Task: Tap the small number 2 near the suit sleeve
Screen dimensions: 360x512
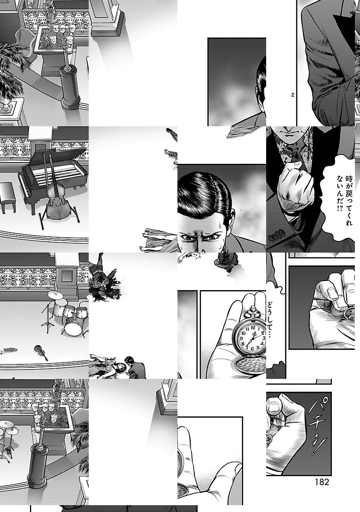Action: pos(293,95)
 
